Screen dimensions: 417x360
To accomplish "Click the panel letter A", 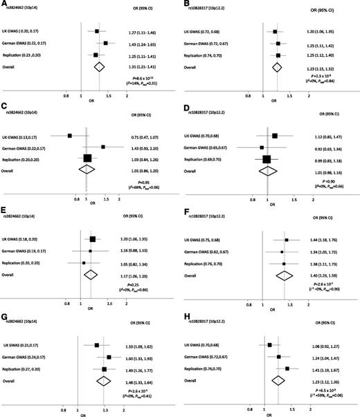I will tap(3, 4).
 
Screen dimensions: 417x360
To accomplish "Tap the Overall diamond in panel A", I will tap(99, 66).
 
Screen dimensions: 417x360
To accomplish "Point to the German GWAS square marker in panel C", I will tap(102, 147).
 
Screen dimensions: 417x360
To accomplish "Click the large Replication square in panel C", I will tap(87, 158).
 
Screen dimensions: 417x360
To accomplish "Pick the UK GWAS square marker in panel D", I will tap(275, 136).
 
